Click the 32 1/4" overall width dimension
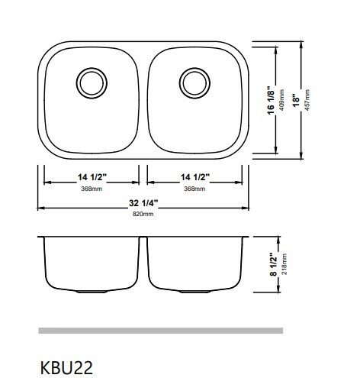tap(143, 203)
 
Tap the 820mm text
tap(143, 215)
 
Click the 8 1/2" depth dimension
tap(272, 263)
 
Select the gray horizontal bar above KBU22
tap(160, 331)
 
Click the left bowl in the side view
tap(92, 263)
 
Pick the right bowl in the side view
tap(195, 263)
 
